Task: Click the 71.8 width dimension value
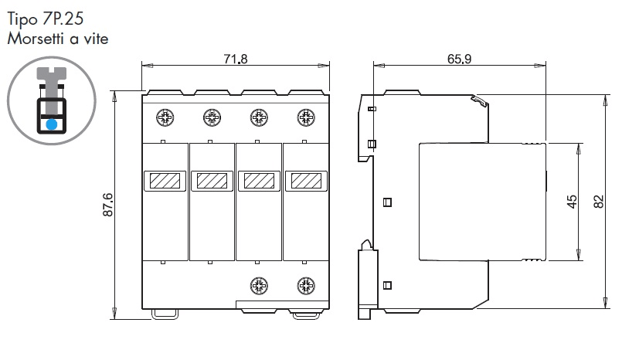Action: tap(236, 59)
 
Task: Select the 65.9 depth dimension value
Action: tap(459, 59)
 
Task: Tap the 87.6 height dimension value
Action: tap(107, 205)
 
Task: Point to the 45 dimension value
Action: tap(573, 202)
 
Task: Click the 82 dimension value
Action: tap(598, 202)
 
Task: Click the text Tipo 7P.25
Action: tap(46, 19)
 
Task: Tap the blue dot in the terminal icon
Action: tap(51, 124)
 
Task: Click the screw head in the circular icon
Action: tap(51, 73)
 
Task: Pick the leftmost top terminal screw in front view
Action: tap(165, 117)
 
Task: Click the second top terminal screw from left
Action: tap(212, 117)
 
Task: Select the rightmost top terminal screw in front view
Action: tap(306, 117)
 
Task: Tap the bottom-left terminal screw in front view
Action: tap(259, 286)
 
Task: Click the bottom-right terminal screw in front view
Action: tap(306, 286)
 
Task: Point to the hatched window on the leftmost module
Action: tap(165, 181)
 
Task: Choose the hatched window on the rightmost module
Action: tap(306, 181)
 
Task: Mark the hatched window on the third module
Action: tap(259, 181)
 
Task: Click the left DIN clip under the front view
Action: tap(165, 314)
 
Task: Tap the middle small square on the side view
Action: tap(388, 202)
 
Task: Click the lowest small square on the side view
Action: tap(388, 286)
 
